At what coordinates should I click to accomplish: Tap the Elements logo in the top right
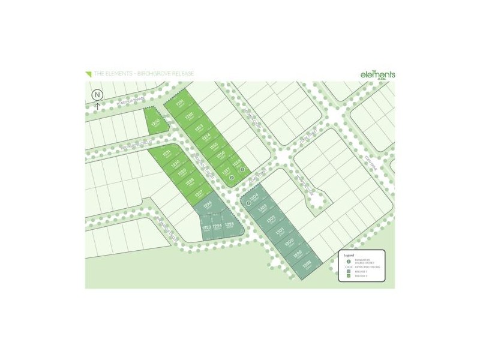[377, 74]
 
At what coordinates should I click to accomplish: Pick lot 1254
[205, 137]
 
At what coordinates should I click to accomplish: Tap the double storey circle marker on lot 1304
[249, 203]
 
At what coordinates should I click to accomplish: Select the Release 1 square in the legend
[349, 272]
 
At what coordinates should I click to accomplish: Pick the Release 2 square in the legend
[349, 278]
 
